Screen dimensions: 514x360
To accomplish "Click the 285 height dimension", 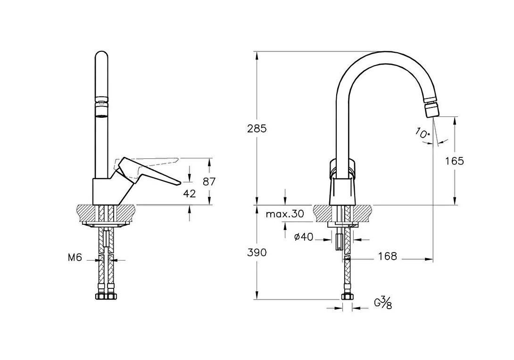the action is (x=257, y=129).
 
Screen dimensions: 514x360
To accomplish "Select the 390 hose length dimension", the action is (x=257, y=253).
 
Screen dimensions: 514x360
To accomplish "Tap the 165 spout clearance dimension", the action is (x=455, y=161).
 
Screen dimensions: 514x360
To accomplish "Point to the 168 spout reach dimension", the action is (x=388, y=256).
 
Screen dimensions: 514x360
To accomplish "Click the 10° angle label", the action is (x=423, y=133).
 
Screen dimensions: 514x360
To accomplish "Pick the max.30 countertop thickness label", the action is (x=285, y=214).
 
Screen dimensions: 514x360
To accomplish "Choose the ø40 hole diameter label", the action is (x=304, y=237).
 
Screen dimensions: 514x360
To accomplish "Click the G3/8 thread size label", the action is (x=383, y=303).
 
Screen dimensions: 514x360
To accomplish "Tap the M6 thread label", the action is (x=75, y=257).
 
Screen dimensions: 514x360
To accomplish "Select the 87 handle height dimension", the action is (x=209, y=181).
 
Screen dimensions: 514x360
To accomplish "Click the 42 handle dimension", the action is (x=189, y=194).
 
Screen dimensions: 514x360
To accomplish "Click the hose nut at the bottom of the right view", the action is (x=347, y=296).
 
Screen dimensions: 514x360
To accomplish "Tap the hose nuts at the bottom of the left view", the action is (x=106, y=296).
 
